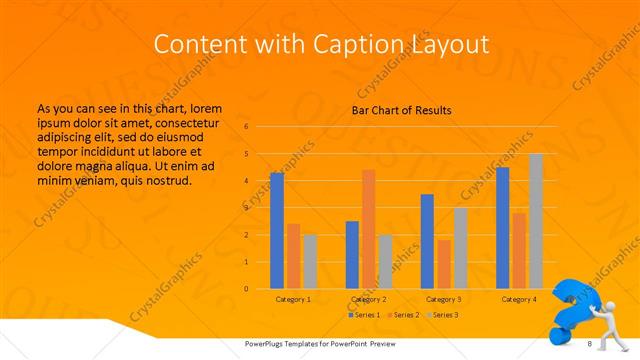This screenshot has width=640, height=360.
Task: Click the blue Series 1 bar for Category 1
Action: pyautogui.click(x=277, y=231)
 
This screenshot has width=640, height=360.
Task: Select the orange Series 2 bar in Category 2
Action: pyautogui.click(x=368, y=229)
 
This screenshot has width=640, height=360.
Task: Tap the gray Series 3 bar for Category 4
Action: pyautogui.click(x=536, y=221)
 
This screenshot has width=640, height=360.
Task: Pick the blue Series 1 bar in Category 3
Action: pyautogui.click(x=427, y=241)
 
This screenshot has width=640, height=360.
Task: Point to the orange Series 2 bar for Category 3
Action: pyautogui.click(x=444, y=264)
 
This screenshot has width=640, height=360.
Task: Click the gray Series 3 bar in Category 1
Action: pyautogui.click(x=310, y=262)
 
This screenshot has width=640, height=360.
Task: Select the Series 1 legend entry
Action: pyautogui.click(x=364, y=315)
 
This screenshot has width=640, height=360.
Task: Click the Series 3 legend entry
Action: pyautogui.click(x=446, y=315)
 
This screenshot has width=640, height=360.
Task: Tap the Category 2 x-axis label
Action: pyautogui.click(x=369, y=299)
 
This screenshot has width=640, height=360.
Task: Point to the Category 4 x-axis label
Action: pyautogui.click(x=519, y=299)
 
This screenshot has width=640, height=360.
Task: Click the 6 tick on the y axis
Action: pyautogui.click(x=246, y=127)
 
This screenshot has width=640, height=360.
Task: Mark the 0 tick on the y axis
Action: pyautogui.click(x=246, y=289)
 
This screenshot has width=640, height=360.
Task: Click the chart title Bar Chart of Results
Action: pyautogui.click(x=401, y=110)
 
